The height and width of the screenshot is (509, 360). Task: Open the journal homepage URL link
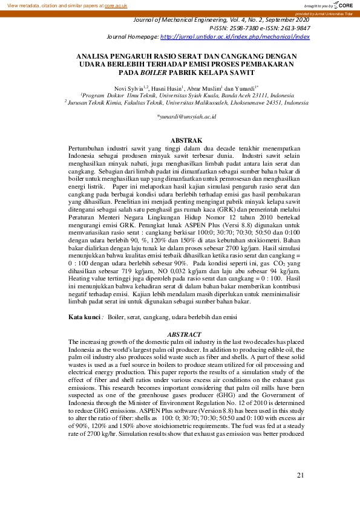[x=235, y=36]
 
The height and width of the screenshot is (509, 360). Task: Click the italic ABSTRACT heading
[x=183, y=334]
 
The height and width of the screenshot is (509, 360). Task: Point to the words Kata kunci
[x=84, y=316]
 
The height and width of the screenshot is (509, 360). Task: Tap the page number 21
[x=300, y=475]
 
